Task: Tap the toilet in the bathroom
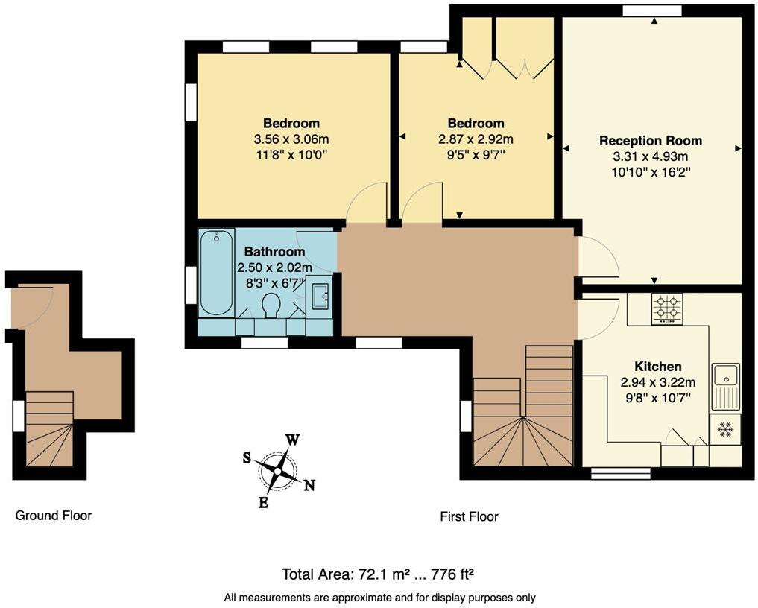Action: (x=271, y=305)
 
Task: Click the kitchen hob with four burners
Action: (x=667, y=309)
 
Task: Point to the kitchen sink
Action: (x=725, y=386)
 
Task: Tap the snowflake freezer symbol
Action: (x=725, y=429)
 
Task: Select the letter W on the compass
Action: (x=293, y=440)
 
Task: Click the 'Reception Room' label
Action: (x=651, y=141)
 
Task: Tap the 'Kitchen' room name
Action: (x=657, y=367)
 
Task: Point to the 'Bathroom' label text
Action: (x=269, y=252)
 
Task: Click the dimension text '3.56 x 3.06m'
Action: (x=291, y=139)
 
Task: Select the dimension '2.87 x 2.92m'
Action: (x=476, y=139)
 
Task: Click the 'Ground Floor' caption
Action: (x=54, y=515)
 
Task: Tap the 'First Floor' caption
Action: (x=468, y=516)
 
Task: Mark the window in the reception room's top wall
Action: (x=652, y=10)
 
